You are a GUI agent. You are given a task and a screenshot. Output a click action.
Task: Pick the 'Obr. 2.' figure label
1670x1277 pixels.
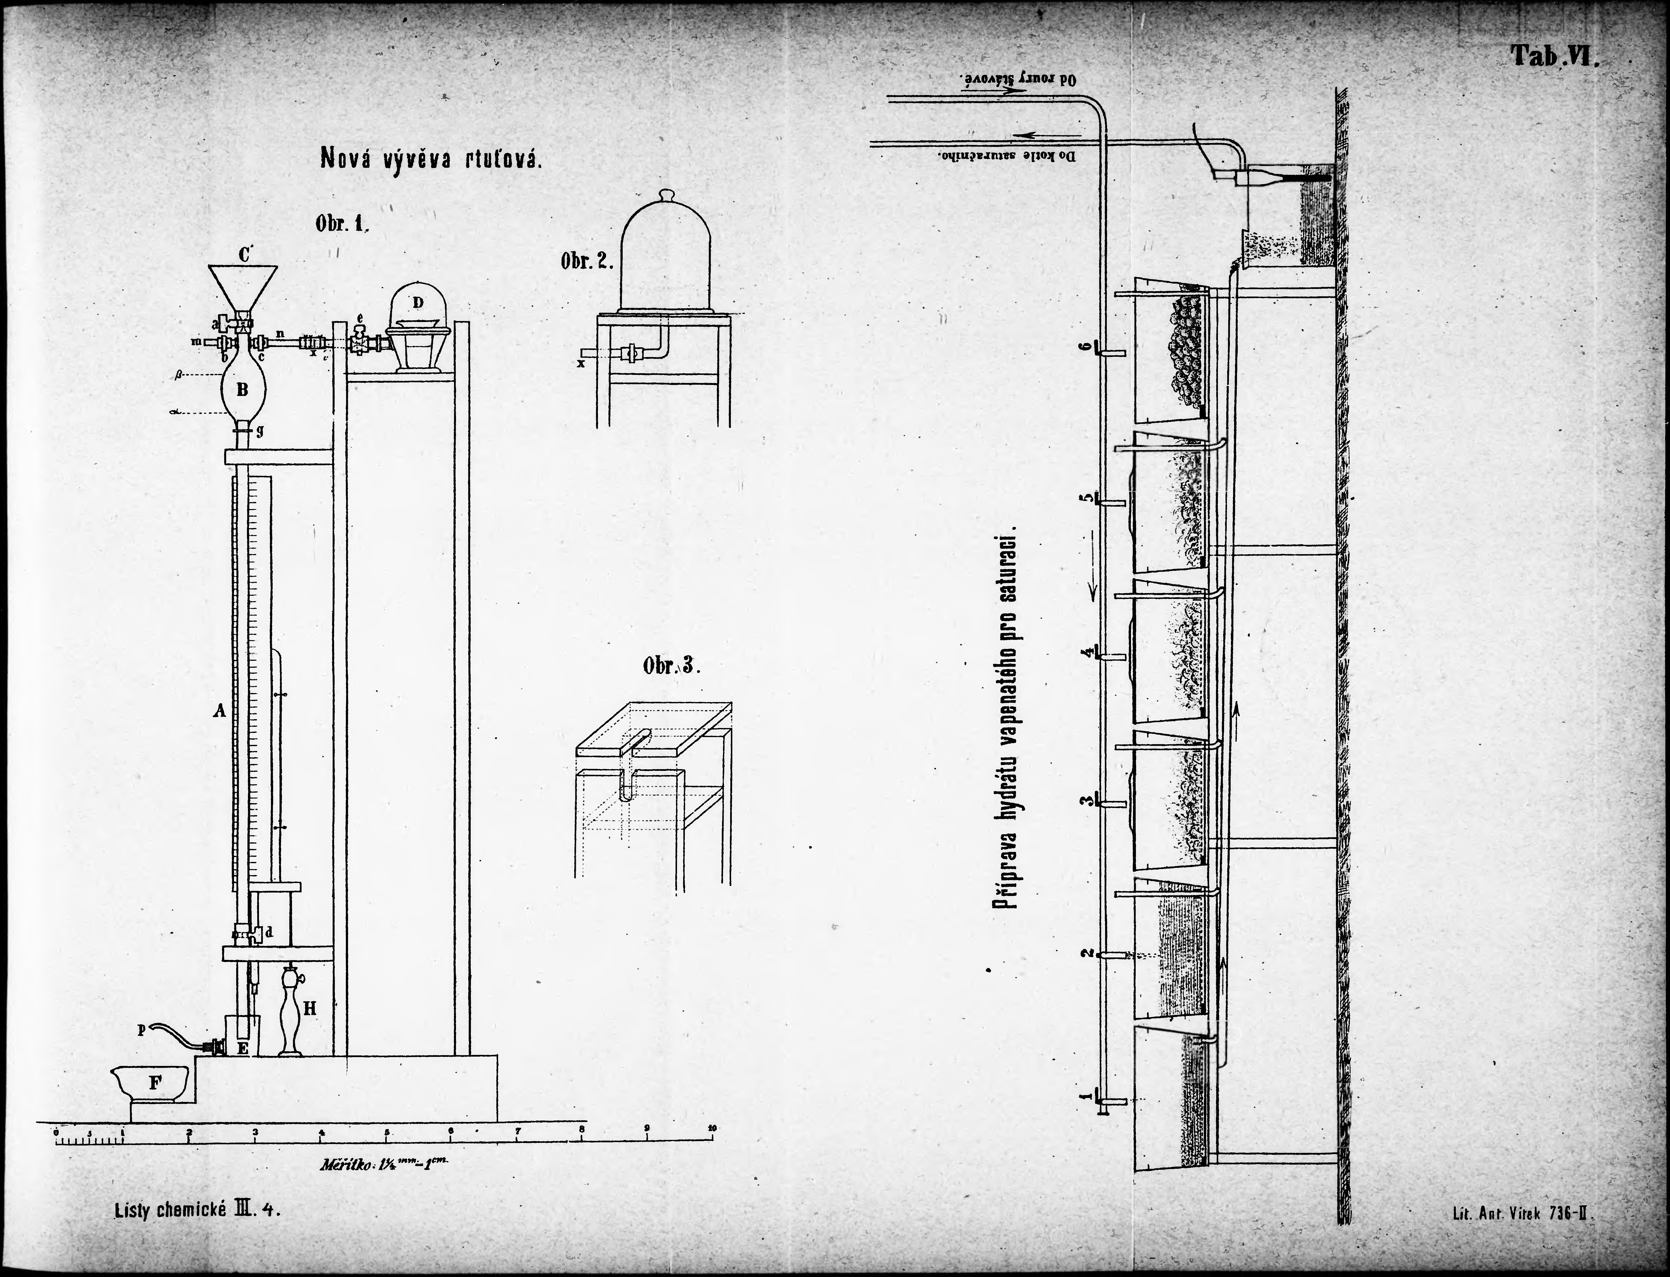(586, 262)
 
